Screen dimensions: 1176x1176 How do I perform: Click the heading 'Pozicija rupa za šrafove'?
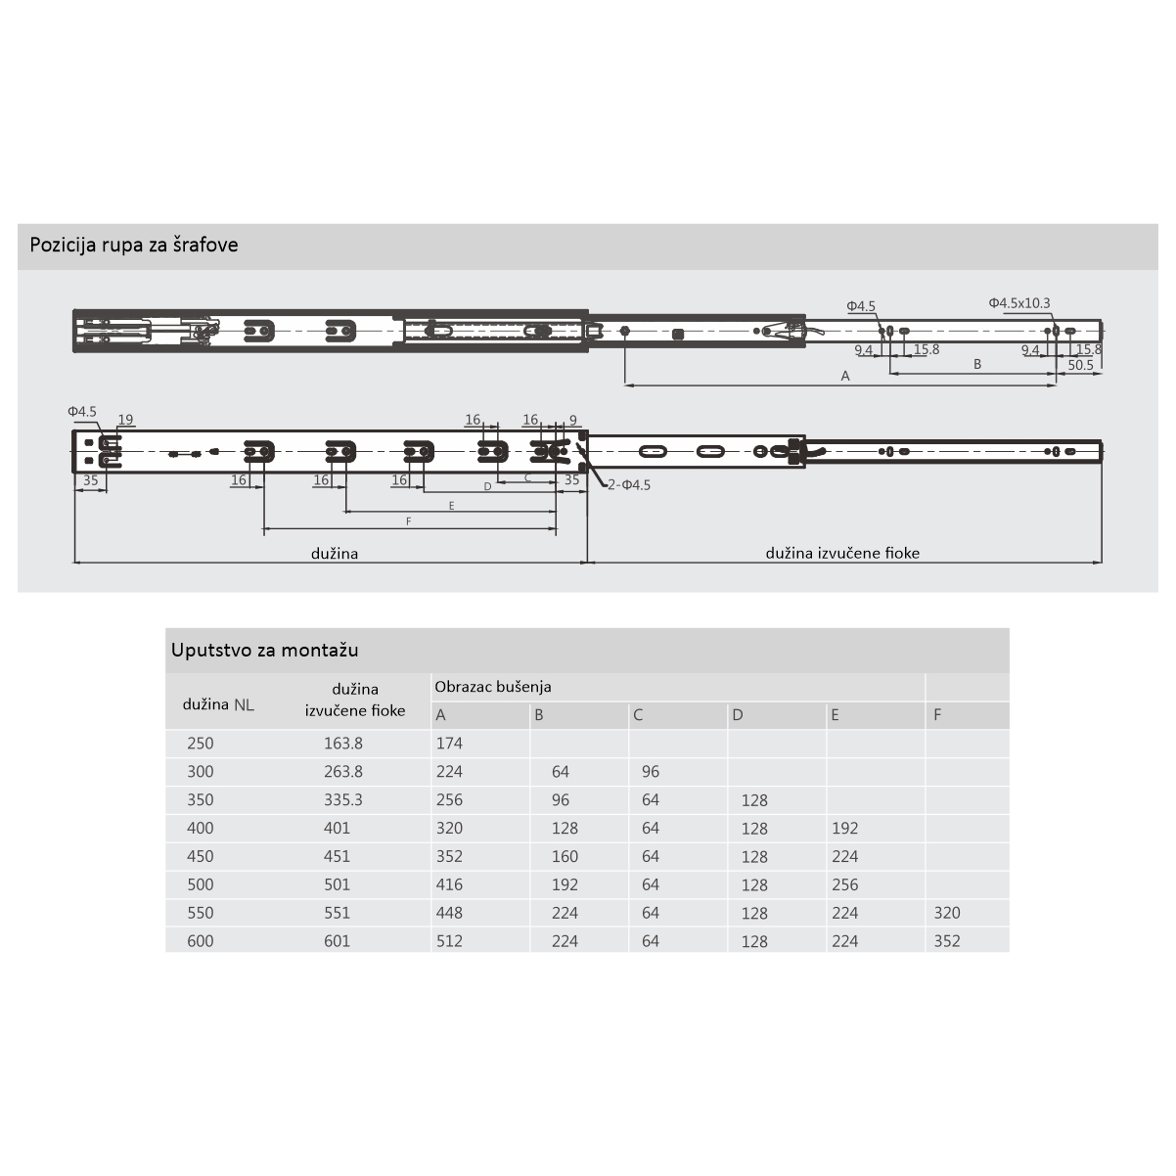(134, 246)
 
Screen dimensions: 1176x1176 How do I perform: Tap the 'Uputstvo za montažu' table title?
(264, 650)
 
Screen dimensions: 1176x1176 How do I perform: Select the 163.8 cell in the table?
(343, 744)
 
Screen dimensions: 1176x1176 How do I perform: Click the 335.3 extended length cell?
(343, 800)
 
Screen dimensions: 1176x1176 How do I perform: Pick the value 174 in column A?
(449, 744)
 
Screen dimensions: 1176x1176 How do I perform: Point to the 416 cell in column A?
(449, 884)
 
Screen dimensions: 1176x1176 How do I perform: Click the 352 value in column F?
(947, 941)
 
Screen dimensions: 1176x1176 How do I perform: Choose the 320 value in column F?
(947, 913)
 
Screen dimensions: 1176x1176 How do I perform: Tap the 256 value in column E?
(844, 884)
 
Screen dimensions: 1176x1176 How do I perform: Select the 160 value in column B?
(565, 857)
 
